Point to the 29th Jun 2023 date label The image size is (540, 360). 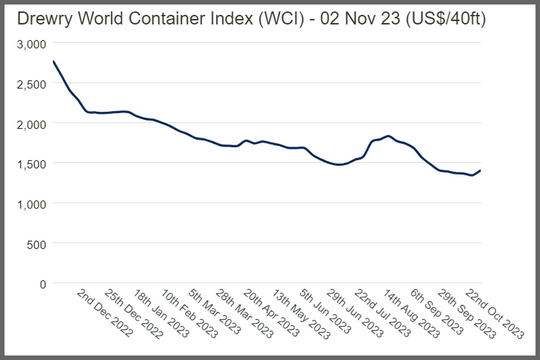point(355,313)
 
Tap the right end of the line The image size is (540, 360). point(480,170)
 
